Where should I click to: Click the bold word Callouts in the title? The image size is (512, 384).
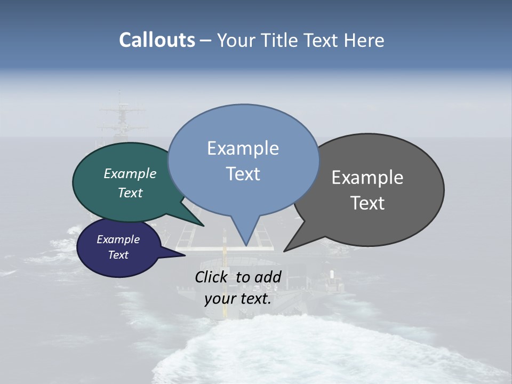tap(157, 40)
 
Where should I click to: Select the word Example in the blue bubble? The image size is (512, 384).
tap(243, 148)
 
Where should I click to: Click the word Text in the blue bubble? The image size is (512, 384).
tap(243, 174)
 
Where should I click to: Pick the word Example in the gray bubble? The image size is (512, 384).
tap(367, 178)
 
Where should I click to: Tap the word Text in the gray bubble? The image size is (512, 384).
tap(367, 203)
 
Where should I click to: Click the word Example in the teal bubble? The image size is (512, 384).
tap(130, 173)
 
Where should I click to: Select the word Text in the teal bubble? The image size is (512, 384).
tap(130, 193)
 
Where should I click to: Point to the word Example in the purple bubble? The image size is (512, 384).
tap(118, 239)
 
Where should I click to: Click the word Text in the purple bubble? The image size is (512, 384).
tap(118, 255)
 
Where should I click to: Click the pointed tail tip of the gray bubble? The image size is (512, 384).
tap(285, 251)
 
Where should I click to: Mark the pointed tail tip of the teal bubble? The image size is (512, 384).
tap(203, 226)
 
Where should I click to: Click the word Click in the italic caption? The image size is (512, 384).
tap(212, 277)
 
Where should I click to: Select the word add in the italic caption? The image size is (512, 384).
tap(268, 277)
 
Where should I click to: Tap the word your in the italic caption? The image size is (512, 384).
tap(220, 298)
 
